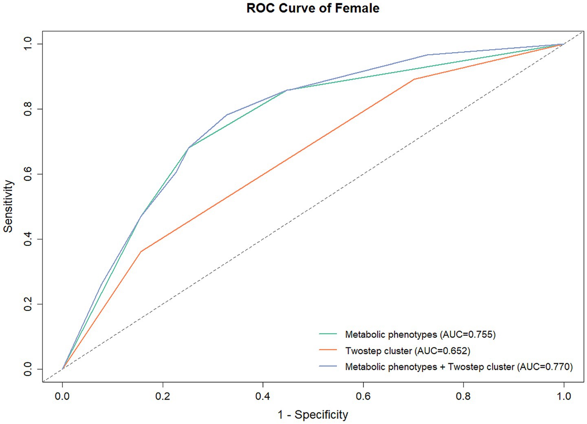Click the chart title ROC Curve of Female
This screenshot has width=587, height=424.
(313, 9)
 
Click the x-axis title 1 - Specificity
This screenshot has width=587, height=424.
(313, 415)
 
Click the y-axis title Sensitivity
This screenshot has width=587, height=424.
(9, 206)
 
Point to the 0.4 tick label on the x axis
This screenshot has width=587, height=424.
(263, 396)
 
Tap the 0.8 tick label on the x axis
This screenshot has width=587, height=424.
(463, 396)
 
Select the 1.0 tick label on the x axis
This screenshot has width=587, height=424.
(564, 396)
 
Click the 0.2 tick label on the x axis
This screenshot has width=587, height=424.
(163, 396)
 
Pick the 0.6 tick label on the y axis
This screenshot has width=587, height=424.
(28, 174)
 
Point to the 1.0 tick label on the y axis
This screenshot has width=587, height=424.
(28, 44)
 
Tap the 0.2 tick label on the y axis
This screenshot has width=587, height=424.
(28, 304)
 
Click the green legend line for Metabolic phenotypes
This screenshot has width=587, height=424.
(328, 334)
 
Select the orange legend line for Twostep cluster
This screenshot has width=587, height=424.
(328, 350)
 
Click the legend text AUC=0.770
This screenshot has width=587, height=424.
(545, 367)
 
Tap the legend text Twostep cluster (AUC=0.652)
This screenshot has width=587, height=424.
(407, 350)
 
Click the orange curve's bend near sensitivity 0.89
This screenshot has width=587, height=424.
(414, 79)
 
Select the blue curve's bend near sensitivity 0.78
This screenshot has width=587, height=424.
(227, 115)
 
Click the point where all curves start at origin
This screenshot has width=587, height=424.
(62, 369)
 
